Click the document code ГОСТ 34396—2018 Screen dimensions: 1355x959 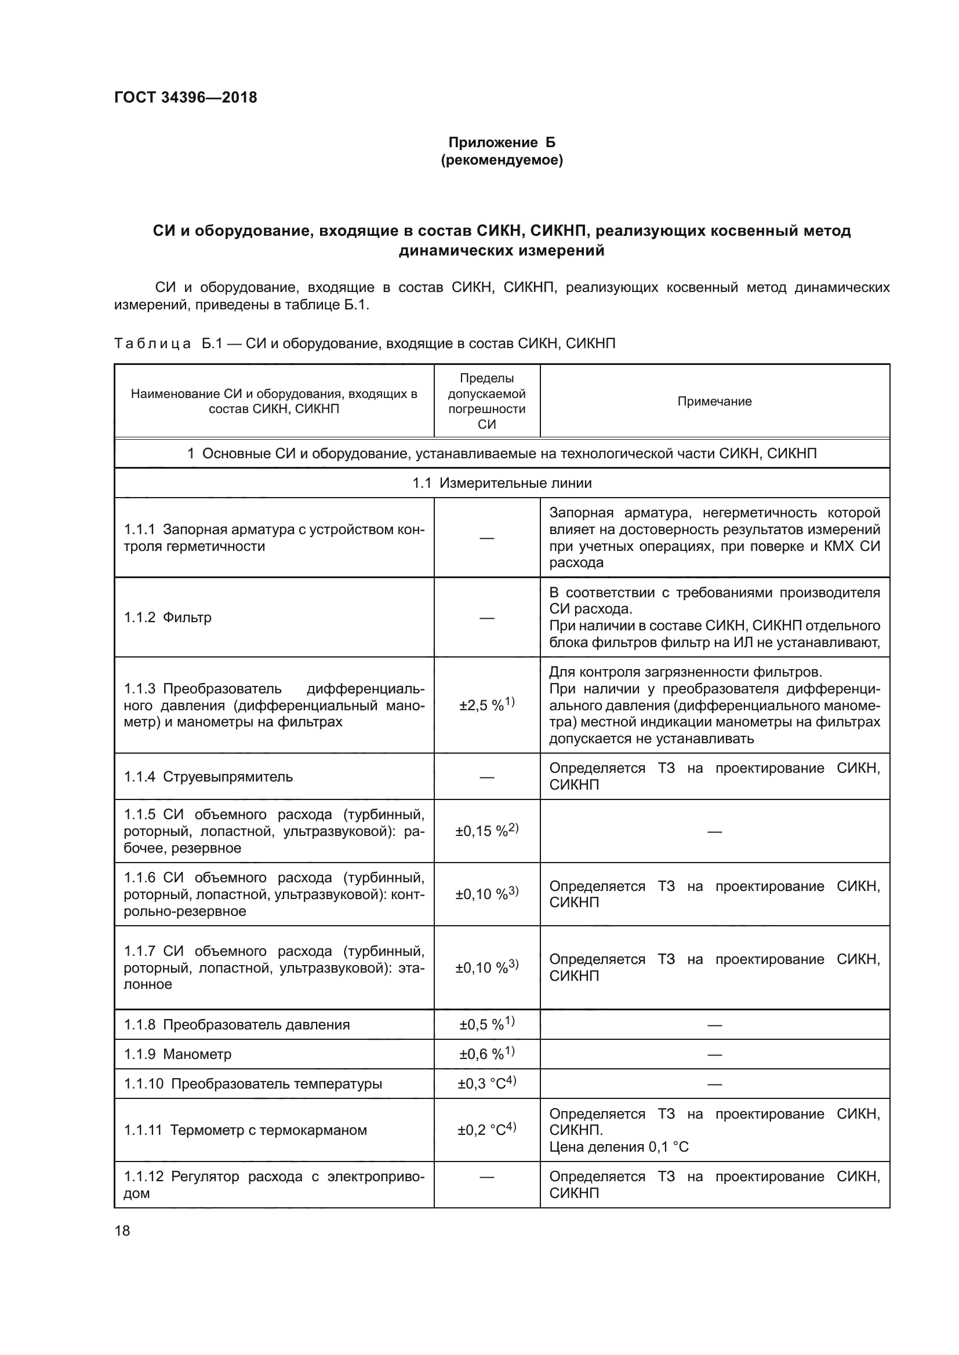tap(186, 97)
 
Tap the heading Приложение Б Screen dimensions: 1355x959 tap(502, 143)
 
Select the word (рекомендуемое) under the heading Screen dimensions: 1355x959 tap(502, 160)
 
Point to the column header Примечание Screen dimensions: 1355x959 tap(714, 401)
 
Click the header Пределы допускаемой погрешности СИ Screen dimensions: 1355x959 tap(486, 401)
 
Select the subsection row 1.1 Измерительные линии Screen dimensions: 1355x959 tap(502, 483)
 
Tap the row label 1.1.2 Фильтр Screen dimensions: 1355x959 tap(168, 618)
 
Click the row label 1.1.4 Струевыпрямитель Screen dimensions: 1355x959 tap(208, 777)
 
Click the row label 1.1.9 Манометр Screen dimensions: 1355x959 tap(177, 1054)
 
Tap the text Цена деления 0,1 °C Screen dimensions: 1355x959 tap(618, 1146)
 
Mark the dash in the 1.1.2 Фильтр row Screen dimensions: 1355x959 tap(486, 618)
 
